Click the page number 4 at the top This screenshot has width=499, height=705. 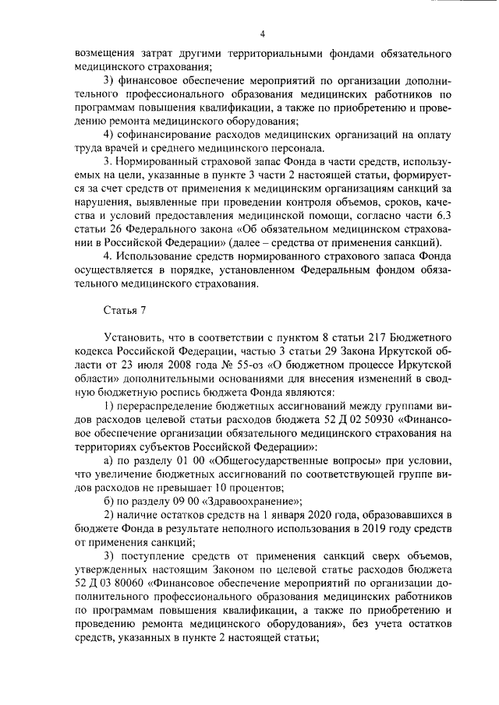coord(263,33)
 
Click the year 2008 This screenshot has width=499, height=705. coord(165,364)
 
